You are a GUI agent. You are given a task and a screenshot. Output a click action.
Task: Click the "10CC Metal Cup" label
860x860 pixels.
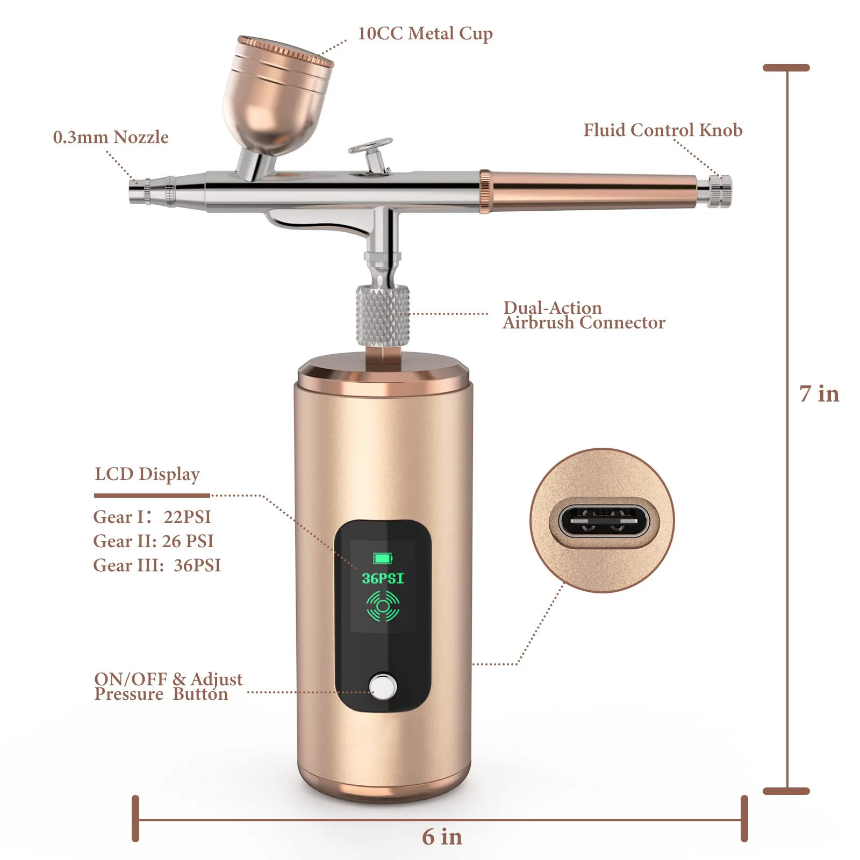click(x=425, y=34)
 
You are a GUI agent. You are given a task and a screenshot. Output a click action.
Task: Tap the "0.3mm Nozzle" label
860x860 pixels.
click(x=111, y=138)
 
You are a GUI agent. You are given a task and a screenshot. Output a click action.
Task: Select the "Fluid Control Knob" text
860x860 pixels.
click(x=663, y=130)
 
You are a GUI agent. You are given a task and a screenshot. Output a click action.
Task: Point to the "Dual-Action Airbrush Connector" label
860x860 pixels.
click(x=584, y=315)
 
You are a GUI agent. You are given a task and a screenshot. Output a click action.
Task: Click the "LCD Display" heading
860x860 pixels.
click(x=147, y=474)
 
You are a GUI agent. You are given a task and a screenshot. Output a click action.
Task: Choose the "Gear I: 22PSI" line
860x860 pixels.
click(x=152, y=517)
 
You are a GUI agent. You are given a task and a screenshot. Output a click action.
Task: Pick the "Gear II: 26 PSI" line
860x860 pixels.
click(x=154, y=541)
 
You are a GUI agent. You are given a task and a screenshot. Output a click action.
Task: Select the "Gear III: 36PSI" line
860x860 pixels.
click(x=157, y=565)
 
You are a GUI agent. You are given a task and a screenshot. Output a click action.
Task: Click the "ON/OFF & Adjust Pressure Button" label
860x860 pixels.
click(x=168, y=686)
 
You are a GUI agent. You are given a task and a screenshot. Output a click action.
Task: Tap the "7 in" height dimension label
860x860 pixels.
click(x=819, y=394)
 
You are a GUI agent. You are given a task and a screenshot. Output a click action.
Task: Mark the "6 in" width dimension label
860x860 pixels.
click(x=442, y=837)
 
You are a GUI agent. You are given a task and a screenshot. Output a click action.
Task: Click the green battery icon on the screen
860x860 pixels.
click(x=383, y=558)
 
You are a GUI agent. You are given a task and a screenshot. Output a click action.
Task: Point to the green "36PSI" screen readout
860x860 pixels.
click(x=383, y=578)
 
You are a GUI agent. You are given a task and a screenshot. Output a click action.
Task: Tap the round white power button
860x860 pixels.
click(x=383, y=686)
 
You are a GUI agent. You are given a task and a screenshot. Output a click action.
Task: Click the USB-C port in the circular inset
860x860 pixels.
click(x=602, y=521)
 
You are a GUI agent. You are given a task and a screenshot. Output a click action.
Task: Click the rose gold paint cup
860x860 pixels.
click(x=277, y=97)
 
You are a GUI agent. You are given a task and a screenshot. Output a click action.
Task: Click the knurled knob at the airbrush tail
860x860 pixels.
click(x=719, y=191)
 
